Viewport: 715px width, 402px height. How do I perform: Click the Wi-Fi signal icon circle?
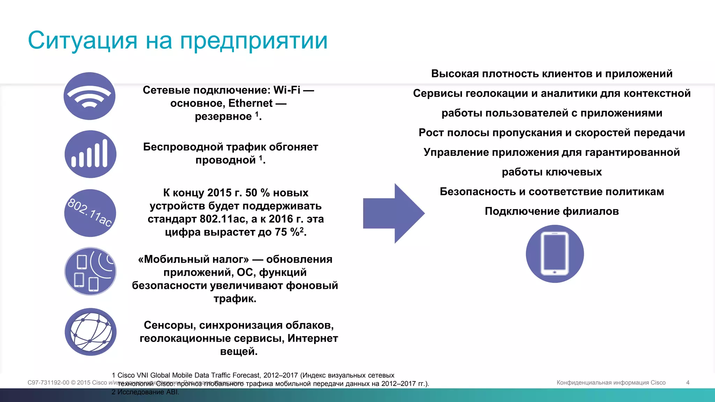89,96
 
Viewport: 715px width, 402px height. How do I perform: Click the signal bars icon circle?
90,154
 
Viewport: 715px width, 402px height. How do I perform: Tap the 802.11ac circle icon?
90,213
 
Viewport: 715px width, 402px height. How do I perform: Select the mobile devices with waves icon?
90,271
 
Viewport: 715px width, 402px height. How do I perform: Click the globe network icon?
90,332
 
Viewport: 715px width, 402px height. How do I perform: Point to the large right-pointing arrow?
393,213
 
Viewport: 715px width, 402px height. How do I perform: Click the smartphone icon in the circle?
554,254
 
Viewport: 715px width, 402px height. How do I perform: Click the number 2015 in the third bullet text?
219,193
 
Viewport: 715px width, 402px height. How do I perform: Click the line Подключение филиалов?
552,211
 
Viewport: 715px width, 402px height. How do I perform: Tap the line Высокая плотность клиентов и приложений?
552,74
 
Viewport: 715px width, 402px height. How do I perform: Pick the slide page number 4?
687,382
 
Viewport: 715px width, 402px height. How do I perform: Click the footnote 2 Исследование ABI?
145,392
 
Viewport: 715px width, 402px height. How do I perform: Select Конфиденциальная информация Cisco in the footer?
611,382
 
